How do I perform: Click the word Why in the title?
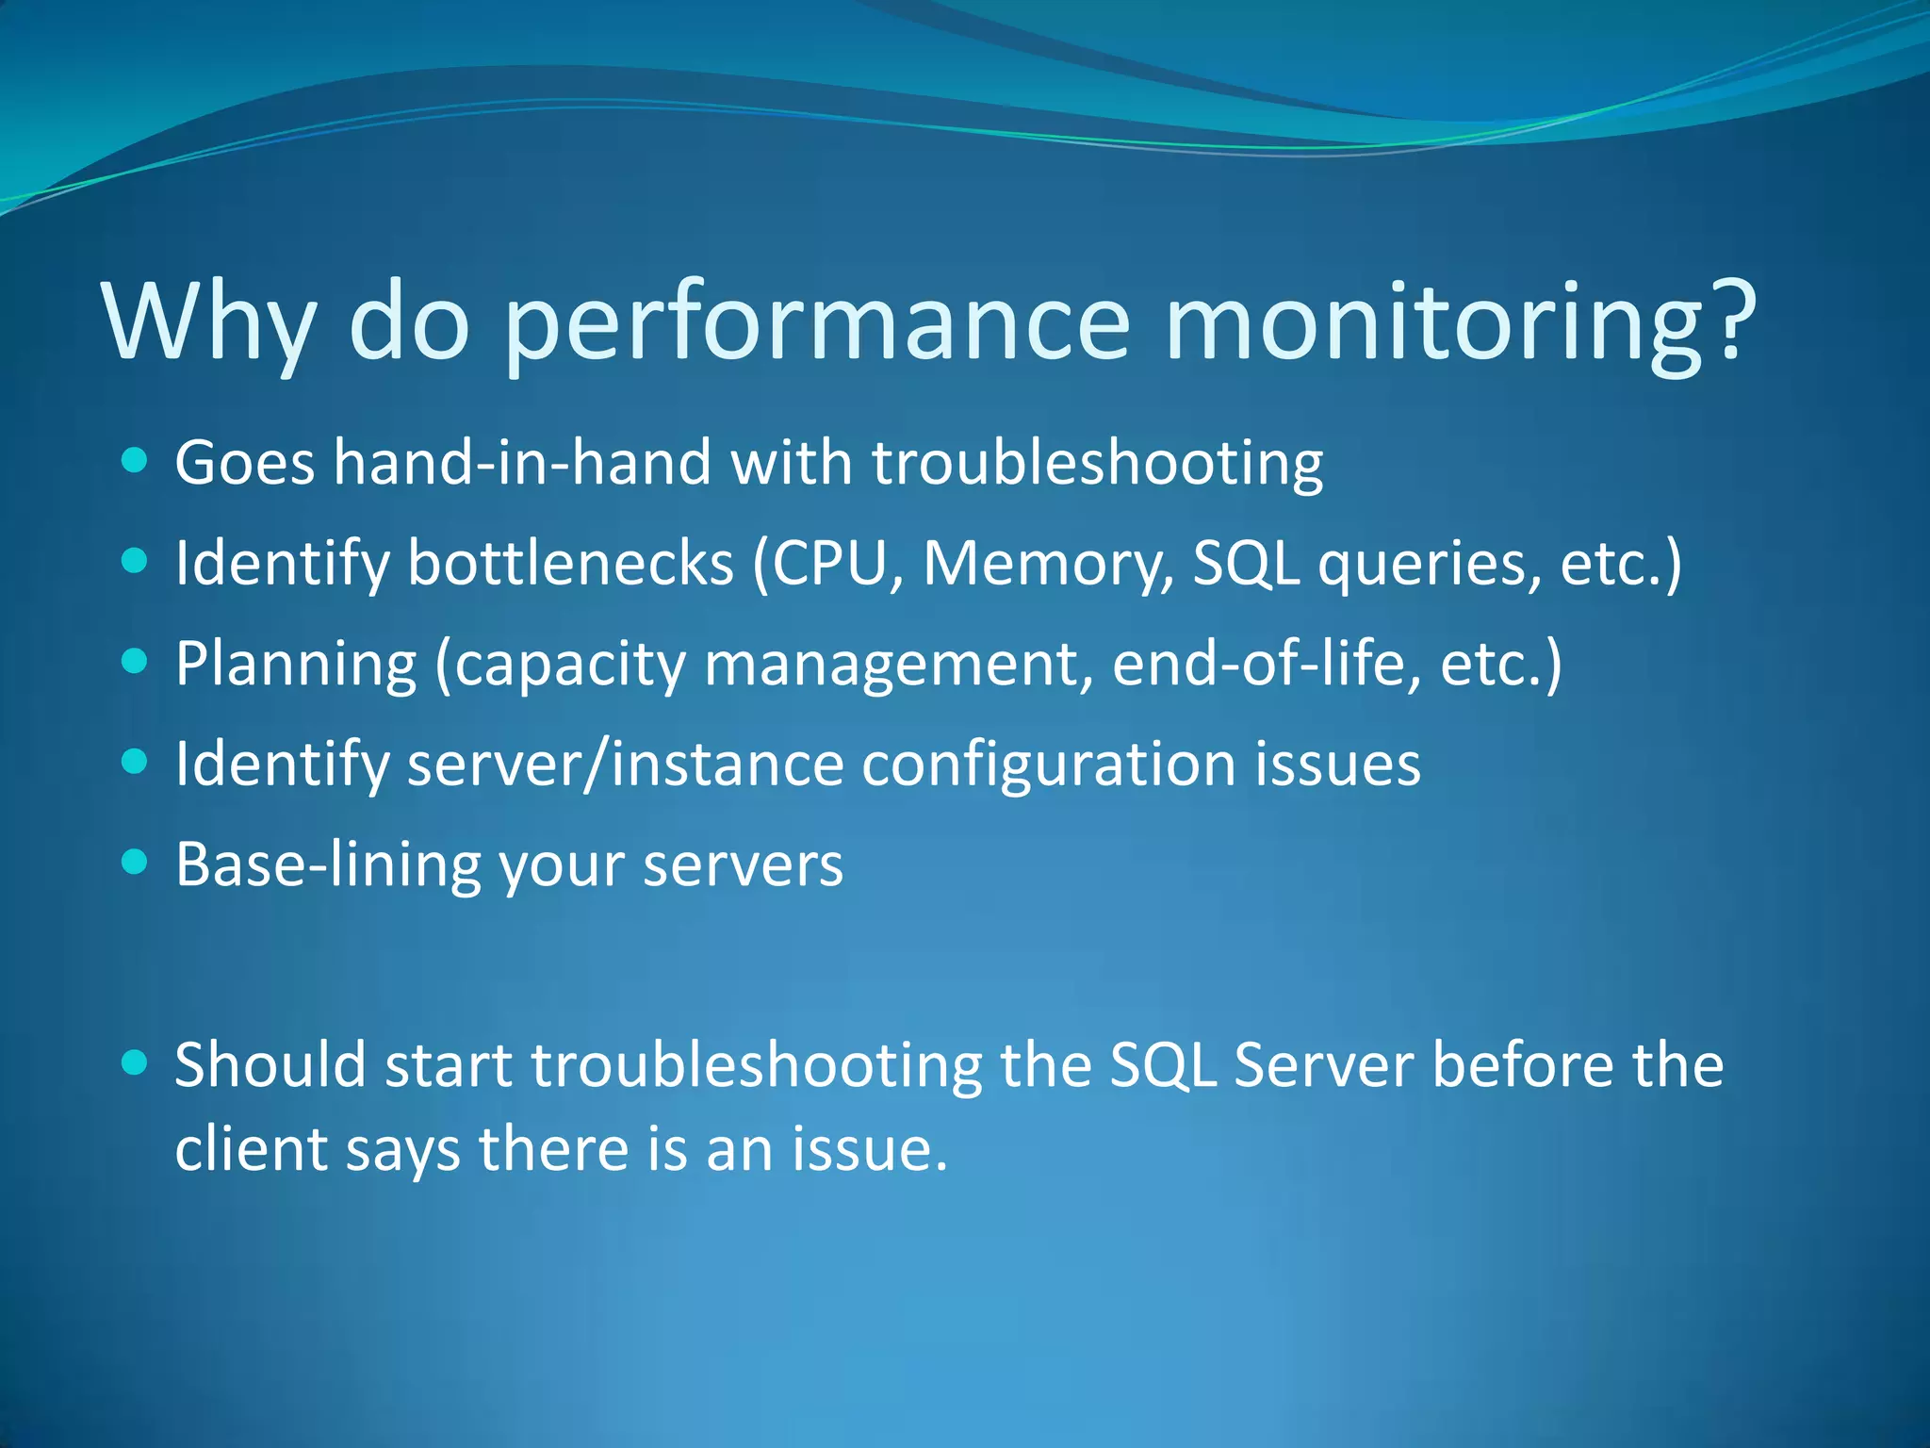point(209,322)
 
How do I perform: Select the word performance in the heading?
point(816,322)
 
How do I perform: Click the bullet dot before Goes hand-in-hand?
point(136,461)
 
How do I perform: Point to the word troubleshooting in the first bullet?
point(1097,464)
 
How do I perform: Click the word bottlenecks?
point(570,564)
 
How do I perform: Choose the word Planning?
point(296,665)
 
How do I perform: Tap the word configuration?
point(1048,765)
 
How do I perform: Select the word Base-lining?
point(328,864)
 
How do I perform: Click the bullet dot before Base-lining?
point(136,862)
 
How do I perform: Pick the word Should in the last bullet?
point(270,1065)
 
